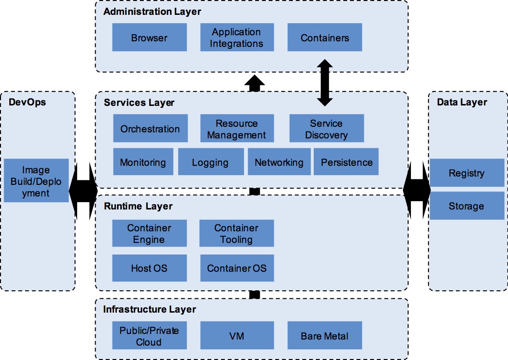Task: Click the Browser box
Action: [x=149, y=37]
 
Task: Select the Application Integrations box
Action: [x=237, y=37]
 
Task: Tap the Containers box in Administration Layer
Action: [x=324, y=37]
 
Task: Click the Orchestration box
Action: [x=150, y=128]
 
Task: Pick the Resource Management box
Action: [x=237, y=128]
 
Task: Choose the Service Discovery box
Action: [x=327, y=128]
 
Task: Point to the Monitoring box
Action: [x=143, y=162]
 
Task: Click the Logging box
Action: [x=211, y=162]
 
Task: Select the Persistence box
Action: [x=346, y=162]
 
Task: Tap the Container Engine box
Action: [x=149, y=233]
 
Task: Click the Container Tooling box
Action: [x=237, y=233]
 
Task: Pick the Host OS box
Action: [x=149, y=268]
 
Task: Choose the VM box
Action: [x=237, y=335]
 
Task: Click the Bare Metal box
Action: [x=324, y=335]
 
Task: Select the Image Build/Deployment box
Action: [x=36, y=180]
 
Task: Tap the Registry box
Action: [x=467, y=172]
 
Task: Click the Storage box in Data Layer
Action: [x=467, y=206]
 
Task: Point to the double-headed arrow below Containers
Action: [x=324, y=83]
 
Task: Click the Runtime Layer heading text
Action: [x=138, y=206]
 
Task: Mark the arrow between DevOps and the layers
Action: [x=83, y=191]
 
